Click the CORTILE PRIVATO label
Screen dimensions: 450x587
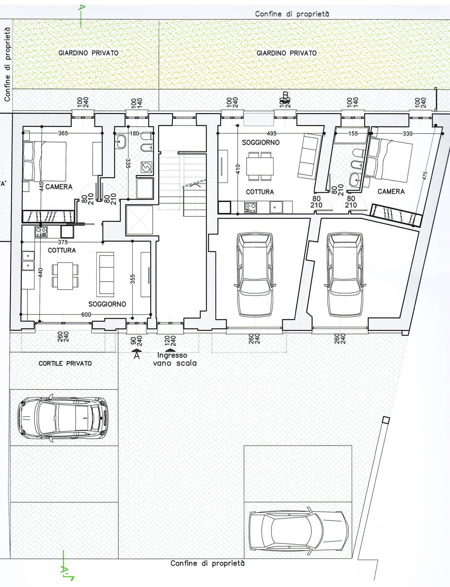tap(65, 363)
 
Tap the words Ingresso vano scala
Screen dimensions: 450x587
tap(175, 359)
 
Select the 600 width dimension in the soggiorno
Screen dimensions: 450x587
tap(86, 315)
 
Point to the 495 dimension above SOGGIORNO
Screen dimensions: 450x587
tap(271, 133)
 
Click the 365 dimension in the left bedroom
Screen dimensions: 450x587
tap(63, 133)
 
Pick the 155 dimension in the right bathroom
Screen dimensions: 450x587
tap(353, 133)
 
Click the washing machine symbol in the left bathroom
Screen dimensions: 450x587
tap(146, 167)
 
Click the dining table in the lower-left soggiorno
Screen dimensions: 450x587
tap(65, 276)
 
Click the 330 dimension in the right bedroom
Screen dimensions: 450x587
tap(408, 133)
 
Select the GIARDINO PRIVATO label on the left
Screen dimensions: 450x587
tap(88, 53)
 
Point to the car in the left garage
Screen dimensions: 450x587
tap(255, 274)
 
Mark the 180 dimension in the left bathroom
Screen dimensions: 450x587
tap(134, 133)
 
